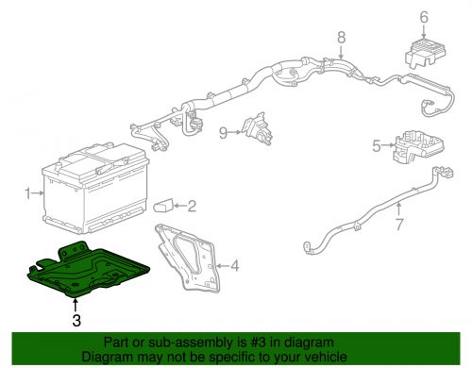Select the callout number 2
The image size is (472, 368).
tap(192, 206)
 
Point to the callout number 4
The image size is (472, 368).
tap(235, 266)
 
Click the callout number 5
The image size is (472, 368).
tap(375, 146)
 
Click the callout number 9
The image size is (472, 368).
tap(224, 132)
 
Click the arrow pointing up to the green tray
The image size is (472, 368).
tap(75, 304)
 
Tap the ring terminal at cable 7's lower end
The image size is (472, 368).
tap(308, 249)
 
